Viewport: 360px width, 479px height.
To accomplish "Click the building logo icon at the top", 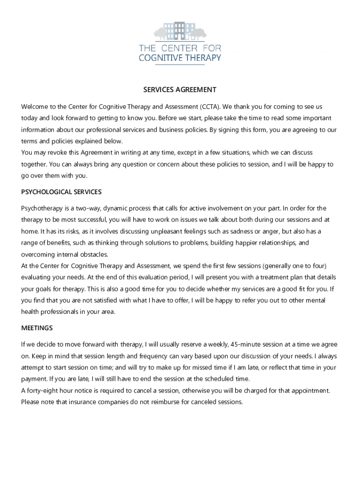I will (x=180, y=31).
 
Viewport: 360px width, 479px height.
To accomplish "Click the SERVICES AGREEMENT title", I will (x=180, y=89).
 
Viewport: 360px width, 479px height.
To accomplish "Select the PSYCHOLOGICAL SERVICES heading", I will (x=61, y=192).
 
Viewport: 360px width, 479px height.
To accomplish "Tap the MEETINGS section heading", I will (x=37, y=328).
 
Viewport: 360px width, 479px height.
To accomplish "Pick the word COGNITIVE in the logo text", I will (x=162, y=58).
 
